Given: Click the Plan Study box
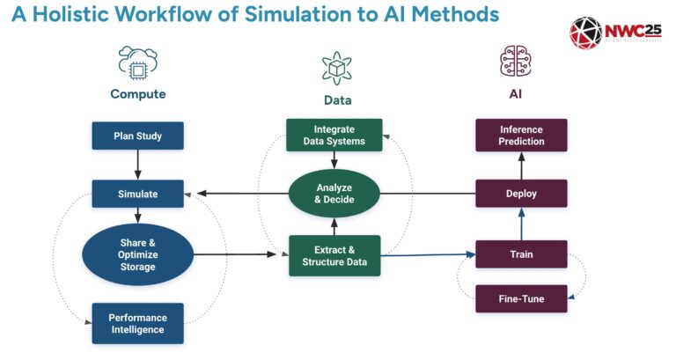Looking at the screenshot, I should tap(137, 136).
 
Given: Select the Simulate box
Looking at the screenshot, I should tap(137, 194).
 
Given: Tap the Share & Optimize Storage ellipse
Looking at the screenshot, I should tap(137, 255).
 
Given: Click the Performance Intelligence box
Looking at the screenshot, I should tap(137, 323).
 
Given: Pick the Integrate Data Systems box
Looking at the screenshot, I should tap(334, 135).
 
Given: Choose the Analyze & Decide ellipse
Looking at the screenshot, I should tap(334, 194).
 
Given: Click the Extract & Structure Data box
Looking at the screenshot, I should tap(334, 256).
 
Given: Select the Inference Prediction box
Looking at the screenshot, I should tap(522, 135).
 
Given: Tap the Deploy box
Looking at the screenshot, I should tap(522, 194).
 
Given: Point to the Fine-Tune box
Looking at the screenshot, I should tap(522, 298).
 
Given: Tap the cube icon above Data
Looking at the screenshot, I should tap(336, 68).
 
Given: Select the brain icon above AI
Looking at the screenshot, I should tap(516, 63).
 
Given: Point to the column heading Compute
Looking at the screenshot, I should tap(137, 93).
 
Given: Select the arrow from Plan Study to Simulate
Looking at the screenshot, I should tap(137, 165).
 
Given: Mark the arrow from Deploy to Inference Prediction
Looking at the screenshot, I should tap(522, 165).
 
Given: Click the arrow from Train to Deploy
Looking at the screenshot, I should tap(522, 224).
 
